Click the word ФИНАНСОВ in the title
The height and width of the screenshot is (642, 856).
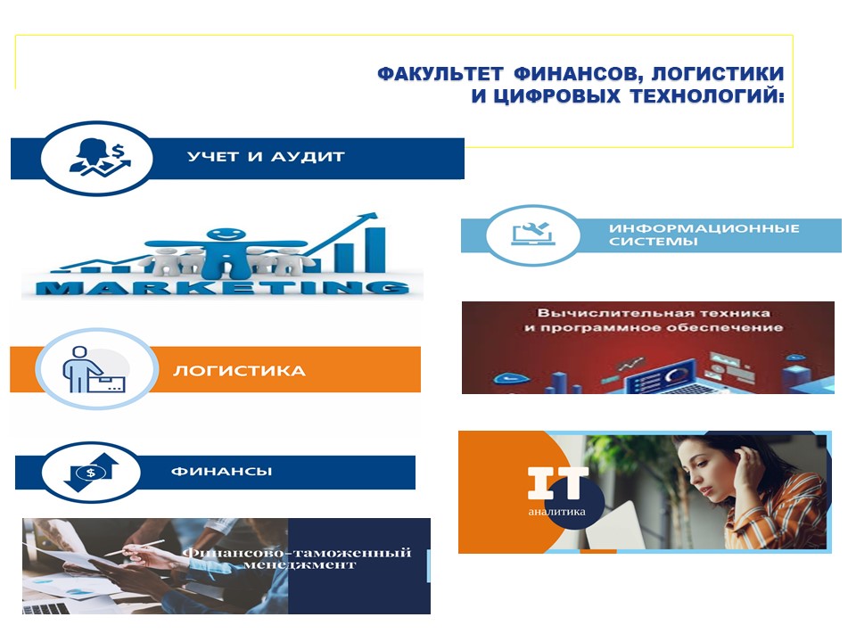click(573, 73)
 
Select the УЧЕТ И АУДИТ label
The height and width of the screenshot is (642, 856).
click(266, 157)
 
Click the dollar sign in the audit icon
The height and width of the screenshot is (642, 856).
click(119, 149)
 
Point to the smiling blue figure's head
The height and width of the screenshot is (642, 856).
click(226, 235)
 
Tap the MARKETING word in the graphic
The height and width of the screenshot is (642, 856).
click(222, 287)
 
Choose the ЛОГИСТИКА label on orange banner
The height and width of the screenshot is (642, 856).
click(239, 371)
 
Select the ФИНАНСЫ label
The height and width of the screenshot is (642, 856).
click(222, 471)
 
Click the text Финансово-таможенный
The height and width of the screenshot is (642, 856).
click(296, 553)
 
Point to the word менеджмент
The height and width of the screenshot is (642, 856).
click(300, 565)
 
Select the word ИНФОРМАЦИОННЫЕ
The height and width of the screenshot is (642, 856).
click(704, 228)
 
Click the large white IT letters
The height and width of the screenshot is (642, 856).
click(558, 482)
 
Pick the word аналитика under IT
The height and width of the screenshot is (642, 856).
click(556, 512)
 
